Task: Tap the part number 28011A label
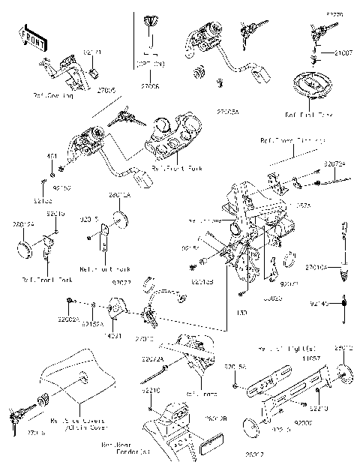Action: coord(119,195)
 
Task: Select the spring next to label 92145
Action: coord(344,302)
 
